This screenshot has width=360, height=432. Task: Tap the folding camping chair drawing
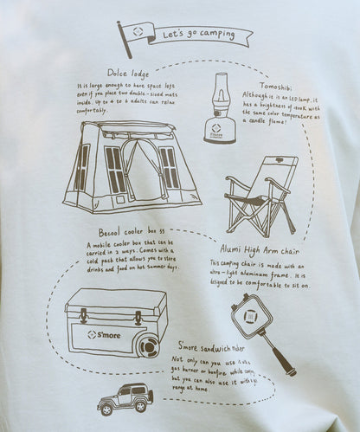coord(260,195)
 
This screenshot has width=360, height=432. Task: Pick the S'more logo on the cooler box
coord(105,333)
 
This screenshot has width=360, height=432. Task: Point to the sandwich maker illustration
coord(260,329)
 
